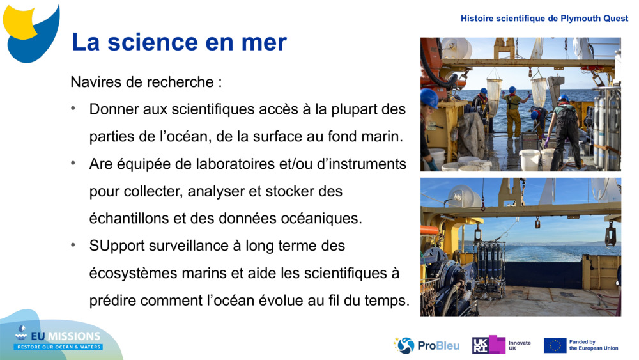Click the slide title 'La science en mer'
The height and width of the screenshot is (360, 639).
[x=179, y=42]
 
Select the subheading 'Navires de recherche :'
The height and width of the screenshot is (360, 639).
[x=146, y=82]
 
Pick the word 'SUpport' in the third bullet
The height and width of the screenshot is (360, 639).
[x=116, y=246]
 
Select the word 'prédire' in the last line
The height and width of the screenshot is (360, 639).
[x=114, y=301]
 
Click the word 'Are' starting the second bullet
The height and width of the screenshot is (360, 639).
[x=102, y=164]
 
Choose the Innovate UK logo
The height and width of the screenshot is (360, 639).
[x=501, y=345]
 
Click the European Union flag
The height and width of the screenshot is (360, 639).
[x=555, y=345]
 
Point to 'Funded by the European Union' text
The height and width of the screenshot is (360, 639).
[x=594, y=345]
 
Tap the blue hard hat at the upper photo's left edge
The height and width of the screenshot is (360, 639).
[x=428, y=98]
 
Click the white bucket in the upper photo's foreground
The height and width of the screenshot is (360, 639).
[x=529, y=159]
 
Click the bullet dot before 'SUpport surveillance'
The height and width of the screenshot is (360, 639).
[x=75, y=246]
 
